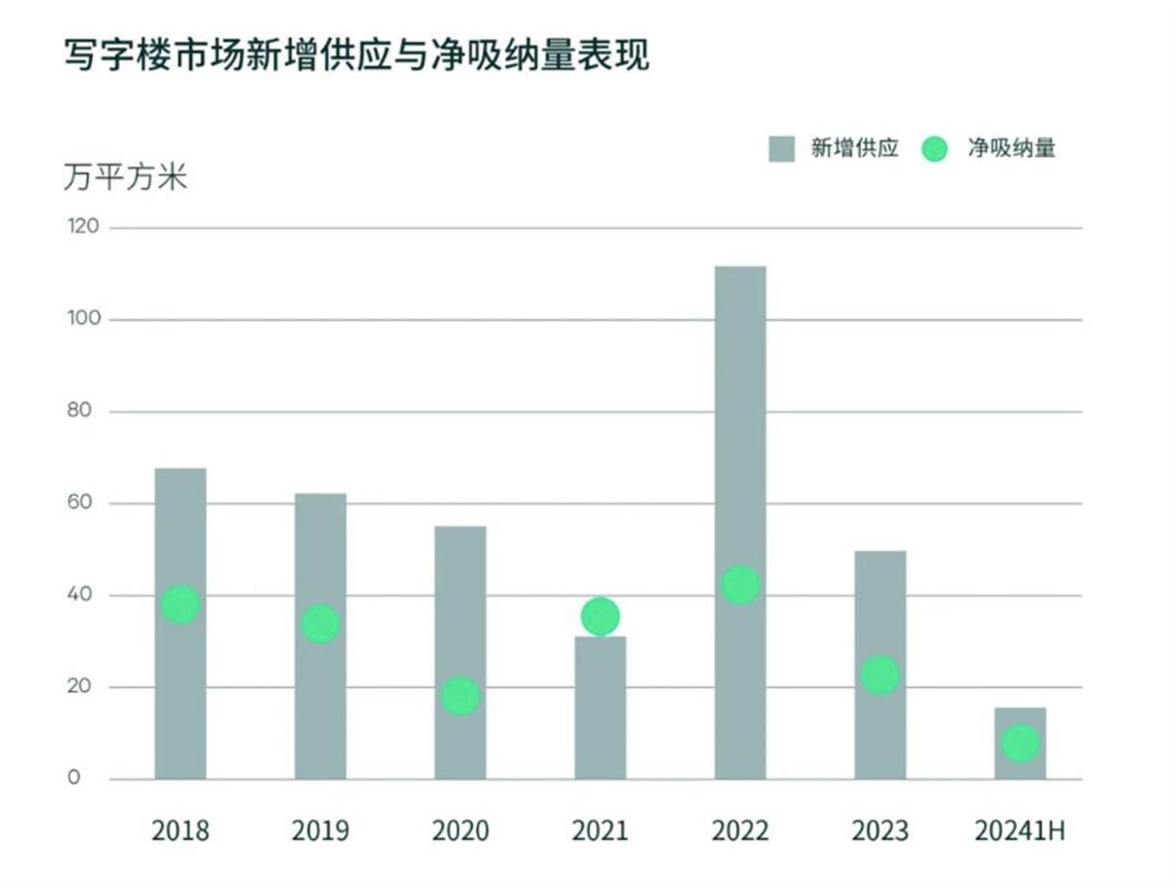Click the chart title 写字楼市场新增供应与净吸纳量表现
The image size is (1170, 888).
pos(357,56)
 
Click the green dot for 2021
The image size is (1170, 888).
pos(601,616)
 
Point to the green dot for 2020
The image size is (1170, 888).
pos(460,696)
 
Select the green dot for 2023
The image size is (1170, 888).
pos(880,675)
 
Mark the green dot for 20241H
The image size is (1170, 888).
pos(1021,744)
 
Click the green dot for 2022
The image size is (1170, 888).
pos(740,585)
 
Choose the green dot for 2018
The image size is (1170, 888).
pos(180,604)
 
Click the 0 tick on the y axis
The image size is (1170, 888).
pos(74,779)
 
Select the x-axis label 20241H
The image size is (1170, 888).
pos(1020,831)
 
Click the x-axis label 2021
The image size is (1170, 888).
pos(600,831)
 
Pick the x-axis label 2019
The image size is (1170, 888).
pos(320,831)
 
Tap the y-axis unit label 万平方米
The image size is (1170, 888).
pos(125,178)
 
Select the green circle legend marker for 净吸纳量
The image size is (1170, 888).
pos(934,149)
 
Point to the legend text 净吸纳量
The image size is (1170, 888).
pos(1011,148)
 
